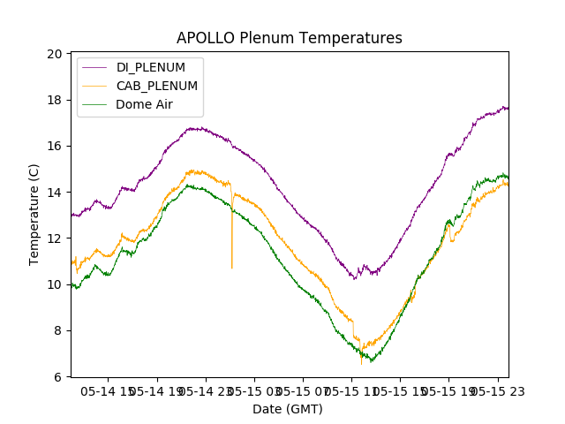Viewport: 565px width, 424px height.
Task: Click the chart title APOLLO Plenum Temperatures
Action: (289, 38)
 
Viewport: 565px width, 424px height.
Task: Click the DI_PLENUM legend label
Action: (151, 67)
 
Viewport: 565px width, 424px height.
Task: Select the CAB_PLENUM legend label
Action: (157, 86)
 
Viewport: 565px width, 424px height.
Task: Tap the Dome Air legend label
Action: (145, 104)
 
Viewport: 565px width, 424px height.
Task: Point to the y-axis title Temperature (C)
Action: (34, 215)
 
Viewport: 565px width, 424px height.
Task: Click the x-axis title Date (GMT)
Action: (288, 409)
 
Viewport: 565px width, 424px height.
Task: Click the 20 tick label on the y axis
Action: (55, 54)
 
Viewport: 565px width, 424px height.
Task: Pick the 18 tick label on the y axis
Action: (55, 100)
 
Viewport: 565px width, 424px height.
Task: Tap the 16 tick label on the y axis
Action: (55, 146)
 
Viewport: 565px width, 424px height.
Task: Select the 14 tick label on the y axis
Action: (55, 193)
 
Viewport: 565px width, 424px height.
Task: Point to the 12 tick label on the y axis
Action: (55, 238)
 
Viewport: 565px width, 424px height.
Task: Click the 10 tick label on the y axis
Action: (55, 284)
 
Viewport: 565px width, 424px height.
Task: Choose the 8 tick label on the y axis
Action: (58, 330)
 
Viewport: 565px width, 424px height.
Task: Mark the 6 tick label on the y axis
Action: (58, 377)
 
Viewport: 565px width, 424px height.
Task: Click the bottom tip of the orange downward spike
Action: (232, 268)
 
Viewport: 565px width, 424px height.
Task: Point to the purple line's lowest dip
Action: (355, 279)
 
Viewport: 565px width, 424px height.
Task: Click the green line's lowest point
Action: (372, 361)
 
